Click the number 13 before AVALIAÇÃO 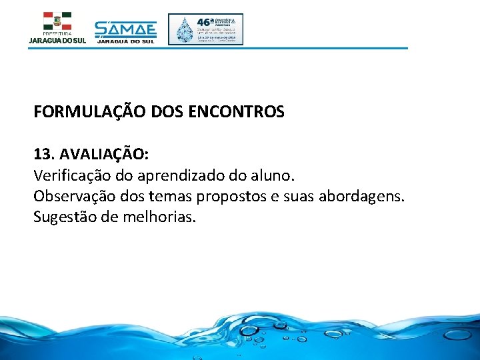(x=43, y=154)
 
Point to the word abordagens (x=369, y=197)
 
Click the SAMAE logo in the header (x=125, y=30)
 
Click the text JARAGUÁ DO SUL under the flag (x=57, y=41)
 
